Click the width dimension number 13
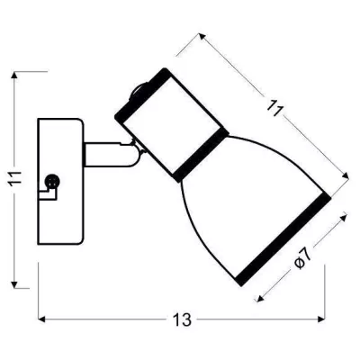pos(182,319)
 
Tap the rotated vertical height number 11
pos(15,179)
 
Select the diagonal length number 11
pos(275,109)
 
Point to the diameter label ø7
pos(303,259)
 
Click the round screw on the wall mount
pos(52,181)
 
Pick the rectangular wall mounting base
pos(60,182)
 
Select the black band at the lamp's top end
pos(140,94)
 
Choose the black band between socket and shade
pos(202,156)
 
